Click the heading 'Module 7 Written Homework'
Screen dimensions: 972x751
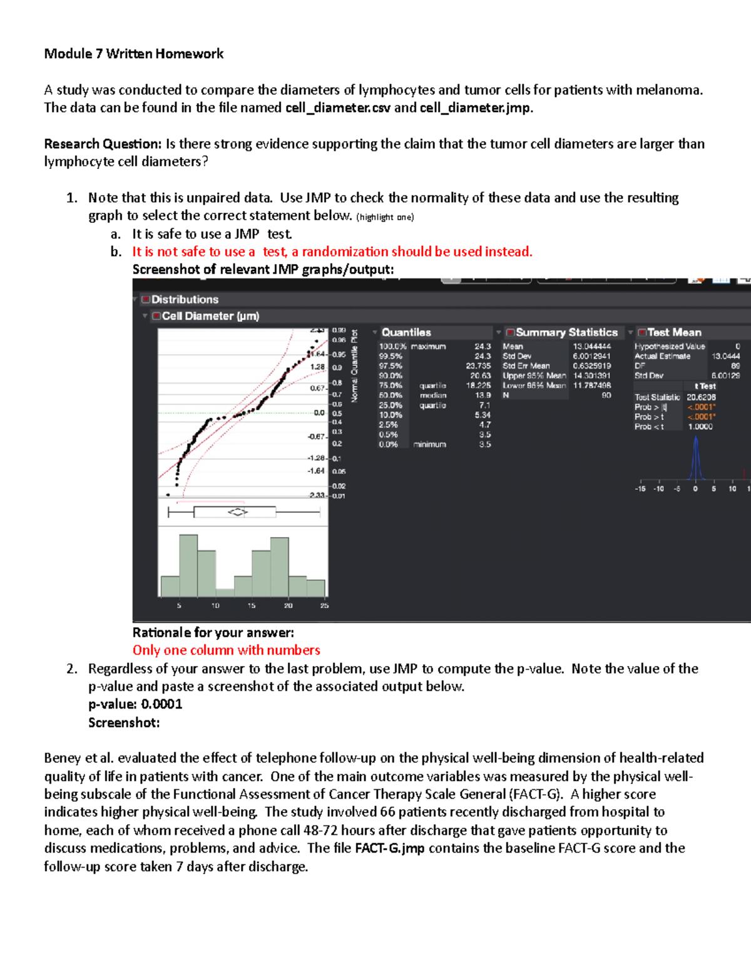pyautogui.click(x=133, y=54)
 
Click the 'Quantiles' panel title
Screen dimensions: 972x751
pyautogui.click(x=406, y=332)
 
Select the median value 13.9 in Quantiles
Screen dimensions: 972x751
pyautogui.click(x=483, y=396)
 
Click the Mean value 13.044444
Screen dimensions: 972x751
pyautogui.click(x=591, y=346)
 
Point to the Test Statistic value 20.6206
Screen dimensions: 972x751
pyautogui.click(x=701, y=397)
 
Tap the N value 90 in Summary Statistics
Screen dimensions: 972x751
pyautogui.click(x=606, y=396)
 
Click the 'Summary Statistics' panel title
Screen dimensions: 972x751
pyautogui.click(x=566, y=332)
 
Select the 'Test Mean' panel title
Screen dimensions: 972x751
pyautogui.click(x=674, y=332)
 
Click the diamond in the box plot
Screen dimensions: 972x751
pyautogui.click(x=238, y=512)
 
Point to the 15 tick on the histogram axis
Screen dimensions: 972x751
pyautogui.click(x=252, y=606)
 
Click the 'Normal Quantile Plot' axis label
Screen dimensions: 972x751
pyautogui.click(x=355, y=366)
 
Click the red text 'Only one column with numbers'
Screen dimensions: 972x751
pyautogui.click(x=226, y=650)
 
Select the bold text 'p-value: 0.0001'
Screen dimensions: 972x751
pyautogui.click(x=135, y=704)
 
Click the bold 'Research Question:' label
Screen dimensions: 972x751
pyautogui.click(x=103, y=144)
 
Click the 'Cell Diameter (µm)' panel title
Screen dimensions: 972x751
pyautogui.click(x=210, y=316)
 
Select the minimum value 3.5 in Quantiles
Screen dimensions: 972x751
pyautogui.click(x=485, y=444)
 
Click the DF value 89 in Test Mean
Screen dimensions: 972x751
pyautogui.click(x=735, y=366)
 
